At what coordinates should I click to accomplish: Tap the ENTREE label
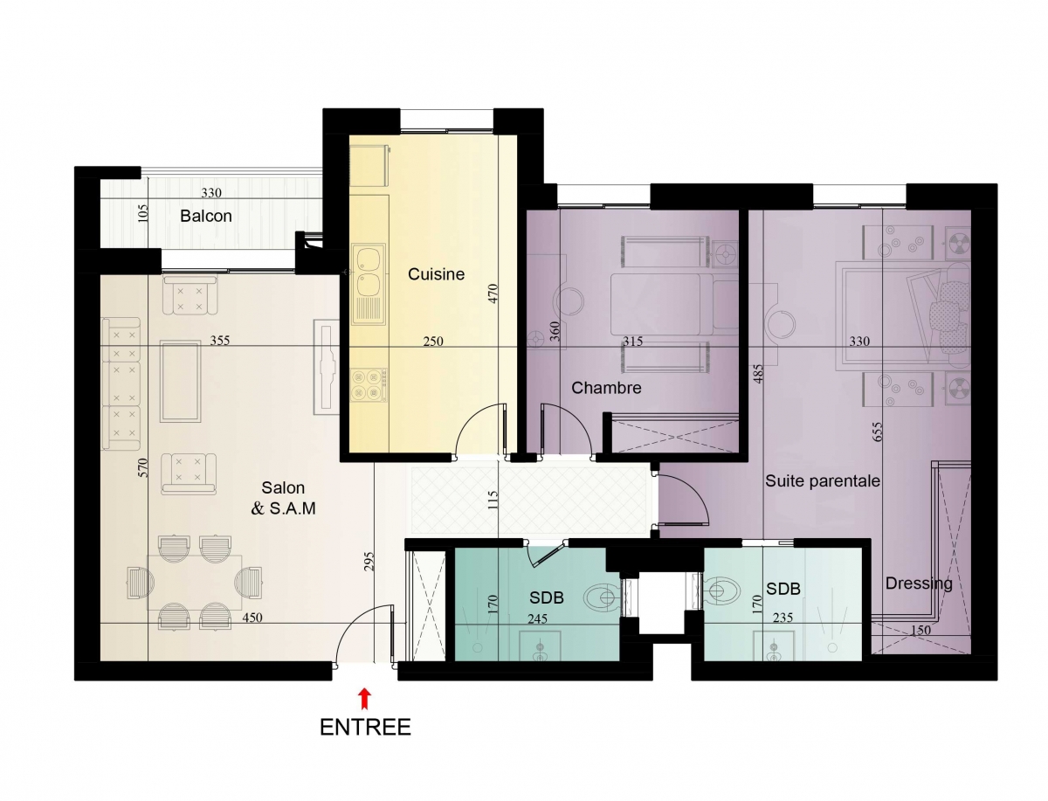click(x=365, y=727)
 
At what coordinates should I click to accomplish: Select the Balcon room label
click(x=206, y=217)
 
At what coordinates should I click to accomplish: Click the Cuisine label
click(x=436, y=274)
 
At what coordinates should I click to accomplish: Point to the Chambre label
click(x=606, y=388)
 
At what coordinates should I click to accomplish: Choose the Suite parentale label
click(x=822, y=480)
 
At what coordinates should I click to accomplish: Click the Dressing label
click(x=919, y=583)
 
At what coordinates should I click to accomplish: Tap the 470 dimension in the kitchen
click(x=493, y=293)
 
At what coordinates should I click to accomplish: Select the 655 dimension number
click(x=878, y=432)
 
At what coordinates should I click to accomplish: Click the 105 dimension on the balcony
click(x=142, y=213)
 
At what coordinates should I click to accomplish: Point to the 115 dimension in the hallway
click(x=493, y=500)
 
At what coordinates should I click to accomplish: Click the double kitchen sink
click(x=369, y=284)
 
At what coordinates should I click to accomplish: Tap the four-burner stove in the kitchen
click(x=369, y=384)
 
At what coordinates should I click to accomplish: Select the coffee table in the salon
click(x=180, y=381)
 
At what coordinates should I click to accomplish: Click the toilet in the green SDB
click(x=603, y=597)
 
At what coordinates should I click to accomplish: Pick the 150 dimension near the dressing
click(x=920, y=630)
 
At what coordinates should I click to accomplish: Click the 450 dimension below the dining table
click(x=252, y=618)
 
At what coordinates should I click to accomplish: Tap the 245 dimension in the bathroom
click(x=537, y=618)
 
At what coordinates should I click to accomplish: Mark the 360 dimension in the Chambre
click(x=555, y=331)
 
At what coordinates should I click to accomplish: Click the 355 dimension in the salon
click(x=219, y=341)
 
